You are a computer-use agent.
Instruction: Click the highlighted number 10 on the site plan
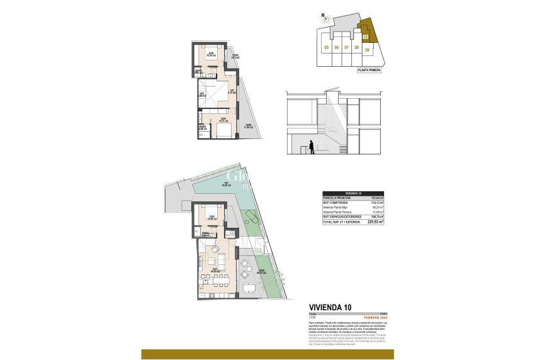(366, 37)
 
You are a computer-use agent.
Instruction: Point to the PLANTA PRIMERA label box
(369, 70)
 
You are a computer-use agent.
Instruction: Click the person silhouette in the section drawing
(311, 147)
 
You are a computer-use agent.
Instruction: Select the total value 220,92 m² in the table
(375, 222)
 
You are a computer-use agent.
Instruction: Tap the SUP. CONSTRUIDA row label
(335, 203)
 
